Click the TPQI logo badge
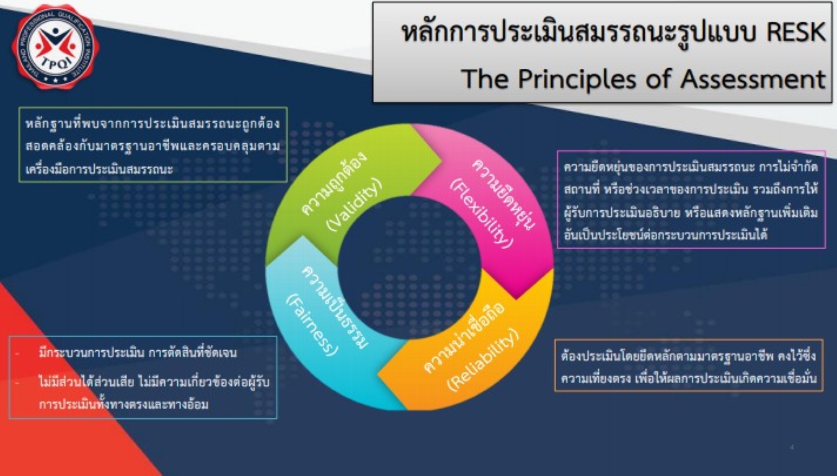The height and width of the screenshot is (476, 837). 56,46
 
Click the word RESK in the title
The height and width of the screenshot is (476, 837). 796,32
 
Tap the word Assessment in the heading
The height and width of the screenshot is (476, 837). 753,79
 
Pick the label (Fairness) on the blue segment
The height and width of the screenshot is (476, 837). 312,324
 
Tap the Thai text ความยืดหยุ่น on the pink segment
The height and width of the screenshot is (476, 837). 503,193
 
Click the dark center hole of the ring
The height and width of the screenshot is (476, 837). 409,268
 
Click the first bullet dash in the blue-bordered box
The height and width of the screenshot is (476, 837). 17,353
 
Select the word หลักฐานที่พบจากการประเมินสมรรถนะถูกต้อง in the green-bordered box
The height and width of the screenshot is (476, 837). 153,124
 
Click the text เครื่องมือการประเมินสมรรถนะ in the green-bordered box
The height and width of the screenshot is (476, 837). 99,169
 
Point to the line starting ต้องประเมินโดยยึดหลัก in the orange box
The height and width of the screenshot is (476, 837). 688,355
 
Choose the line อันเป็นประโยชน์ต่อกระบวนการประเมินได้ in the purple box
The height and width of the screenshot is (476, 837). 665,235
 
